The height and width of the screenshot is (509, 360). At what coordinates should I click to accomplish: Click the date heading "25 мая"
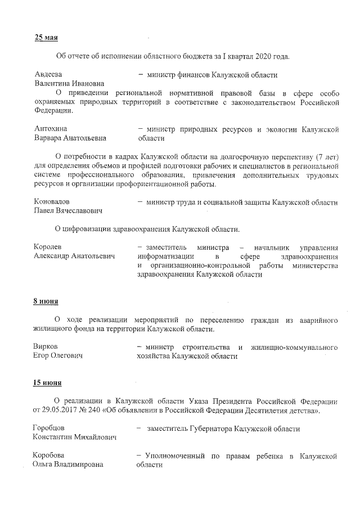click(46, 38)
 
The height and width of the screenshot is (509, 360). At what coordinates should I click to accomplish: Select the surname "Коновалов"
click(52, 201)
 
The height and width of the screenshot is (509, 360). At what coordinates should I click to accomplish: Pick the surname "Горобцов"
click(49, 429)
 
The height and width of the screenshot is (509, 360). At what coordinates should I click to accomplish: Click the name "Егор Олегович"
click(58, 356)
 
